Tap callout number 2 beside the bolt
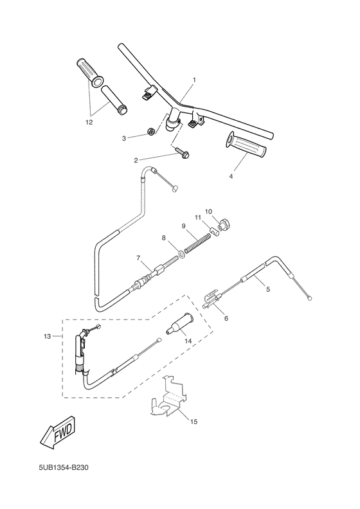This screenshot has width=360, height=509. (x=136, y=160)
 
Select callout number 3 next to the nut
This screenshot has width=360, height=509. (x=125, y=137)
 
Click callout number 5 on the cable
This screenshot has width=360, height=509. (x=268, y=290)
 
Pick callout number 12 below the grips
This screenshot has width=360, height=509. (x=89, y=120)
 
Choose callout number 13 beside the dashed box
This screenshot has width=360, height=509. (x=46, y=336)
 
